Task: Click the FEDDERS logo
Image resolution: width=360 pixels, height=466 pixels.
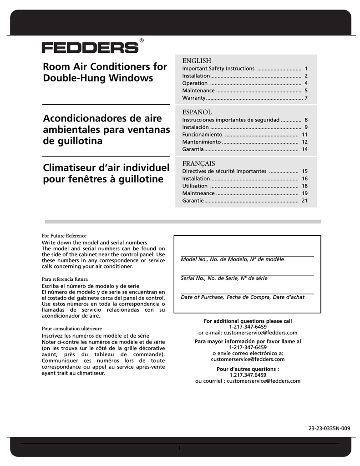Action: (x=90, y=48)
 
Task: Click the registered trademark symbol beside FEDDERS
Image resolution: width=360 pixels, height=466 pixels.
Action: (x=142, y=41)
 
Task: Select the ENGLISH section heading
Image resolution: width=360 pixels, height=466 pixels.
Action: (x=197, y=61)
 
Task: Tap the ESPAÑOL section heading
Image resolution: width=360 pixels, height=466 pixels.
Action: (x=197, y=111)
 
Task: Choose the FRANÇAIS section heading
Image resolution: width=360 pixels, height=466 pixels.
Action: (x=198, y=163)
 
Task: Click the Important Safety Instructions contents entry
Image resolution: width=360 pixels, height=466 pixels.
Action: (x=218, y=69)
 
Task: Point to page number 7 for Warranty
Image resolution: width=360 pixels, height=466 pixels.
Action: (x=306, y=98)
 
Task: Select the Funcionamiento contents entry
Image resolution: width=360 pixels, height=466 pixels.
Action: (x=202, y=135)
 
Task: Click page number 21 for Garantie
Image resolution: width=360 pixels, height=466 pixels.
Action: (x=304, y=201)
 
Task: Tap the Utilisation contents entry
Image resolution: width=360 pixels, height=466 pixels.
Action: (x=195, y=186)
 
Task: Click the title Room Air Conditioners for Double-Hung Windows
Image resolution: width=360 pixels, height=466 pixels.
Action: (x=105, y=72)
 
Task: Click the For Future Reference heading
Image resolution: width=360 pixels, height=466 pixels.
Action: (x=64, y=236)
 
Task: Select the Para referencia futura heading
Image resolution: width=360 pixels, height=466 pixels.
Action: (x=65, y=279)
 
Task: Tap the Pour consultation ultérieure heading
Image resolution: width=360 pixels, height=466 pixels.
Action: (x=71, y=328)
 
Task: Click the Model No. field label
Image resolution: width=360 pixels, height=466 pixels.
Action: (x=232, y=259)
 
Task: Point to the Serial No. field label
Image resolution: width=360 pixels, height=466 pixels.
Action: (x=224, y=278)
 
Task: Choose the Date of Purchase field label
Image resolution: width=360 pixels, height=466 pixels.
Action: (x=243, y=297)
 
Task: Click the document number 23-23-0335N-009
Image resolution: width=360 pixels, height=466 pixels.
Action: (x=329, y=428)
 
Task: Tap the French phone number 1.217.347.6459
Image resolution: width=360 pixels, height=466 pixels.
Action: (x=248, y=375)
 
